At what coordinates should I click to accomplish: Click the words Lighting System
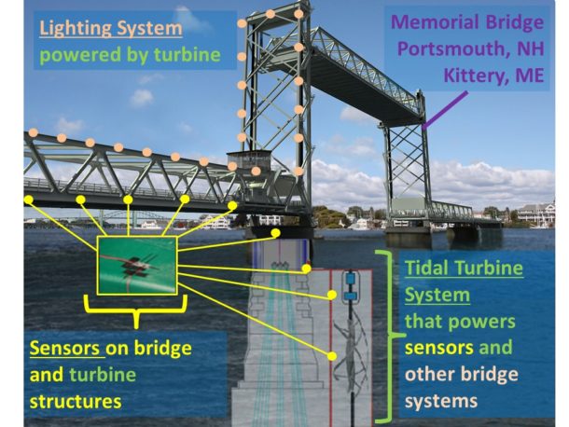[x=111, y=28]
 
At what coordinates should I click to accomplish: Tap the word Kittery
[x=470, y=76]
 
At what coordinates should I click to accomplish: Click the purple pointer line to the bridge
[x=445, y=110]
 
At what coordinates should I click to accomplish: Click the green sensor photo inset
[x=137, y=265]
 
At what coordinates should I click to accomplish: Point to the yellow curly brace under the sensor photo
[x=136, y=310]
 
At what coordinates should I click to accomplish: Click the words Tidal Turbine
[x=464, y=269]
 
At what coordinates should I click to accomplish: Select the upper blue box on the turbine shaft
[x=351, y=279]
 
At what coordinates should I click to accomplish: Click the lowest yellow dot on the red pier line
[x=332, y=356]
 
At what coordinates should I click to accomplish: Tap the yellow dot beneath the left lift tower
[x=276, y=232]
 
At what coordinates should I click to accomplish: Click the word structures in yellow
[x=76, y=401]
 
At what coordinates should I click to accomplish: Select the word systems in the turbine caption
[x=441, y=401]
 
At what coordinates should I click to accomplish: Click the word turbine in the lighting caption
[x=187, y=55]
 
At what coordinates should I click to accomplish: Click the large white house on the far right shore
[x=536, y=213]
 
